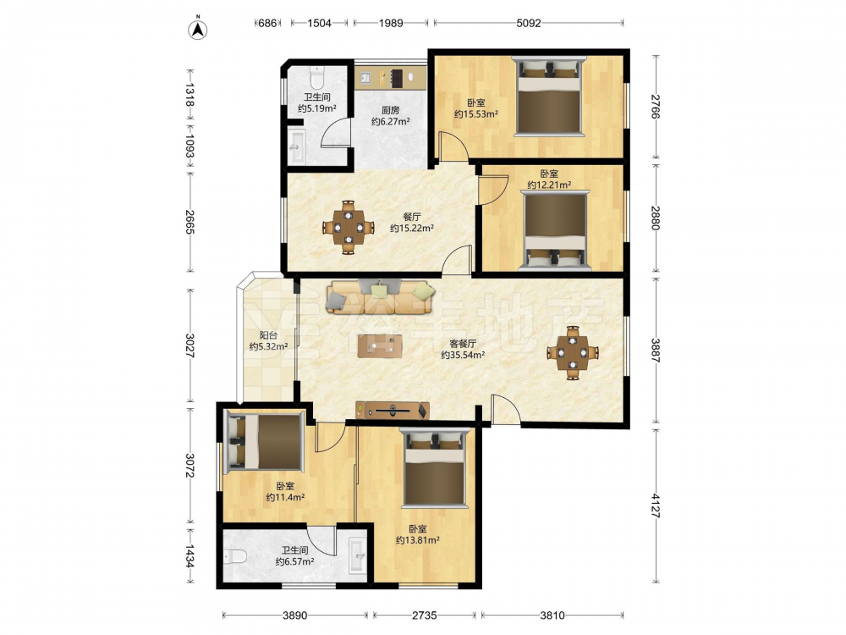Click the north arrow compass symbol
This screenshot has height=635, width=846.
pyautogui.click(x=198, y=29)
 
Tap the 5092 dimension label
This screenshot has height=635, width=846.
pyautogui.click(x=528, y=23)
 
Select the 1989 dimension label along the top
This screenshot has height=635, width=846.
pyautogui.click(x=391, y=23)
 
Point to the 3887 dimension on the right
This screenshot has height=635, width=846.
pyautogui.click(x=655, y=350)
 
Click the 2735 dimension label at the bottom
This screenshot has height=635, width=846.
pyautogui.click(x=425, y=615)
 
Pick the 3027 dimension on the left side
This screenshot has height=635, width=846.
pyautogui.click(x=190, y=345)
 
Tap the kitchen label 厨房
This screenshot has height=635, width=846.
pyautogui.click(x=390, y=110)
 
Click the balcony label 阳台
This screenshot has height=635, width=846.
pyautogui.click(x=268, y=335)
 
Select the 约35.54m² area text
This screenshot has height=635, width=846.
pyautogui.click(x=463, y=355)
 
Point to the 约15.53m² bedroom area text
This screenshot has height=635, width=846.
pyautogui.click(x=475, y=114)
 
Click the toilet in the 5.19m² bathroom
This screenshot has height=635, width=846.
pyautogui.click(x=316, y=78)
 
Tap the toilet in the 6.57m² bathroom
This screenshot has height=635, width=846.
pyautogui.click(x=234, y=556)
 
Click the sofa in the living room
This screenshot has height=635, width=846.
pyautogui.click(x=380, y=296)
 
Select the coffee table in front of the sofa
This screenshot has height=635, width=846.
pyautogui.click(x=380, y=346)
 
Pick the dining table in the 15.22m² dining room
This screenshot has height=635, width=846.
pyautogui.click(x=348, y=227)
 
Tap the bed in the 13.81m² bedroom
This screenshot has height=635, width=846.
pyautogui.click(x=435, y=467)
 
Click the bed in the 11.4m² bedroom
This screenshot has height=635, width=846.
pyautogui.click(x=264, y=441)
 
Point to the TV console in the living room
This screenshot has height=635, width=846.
pyautogui.click(x=393, y=411)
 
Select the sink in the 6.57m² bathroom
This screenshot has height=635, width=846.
pyautogui.click(x=357, y=555)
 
